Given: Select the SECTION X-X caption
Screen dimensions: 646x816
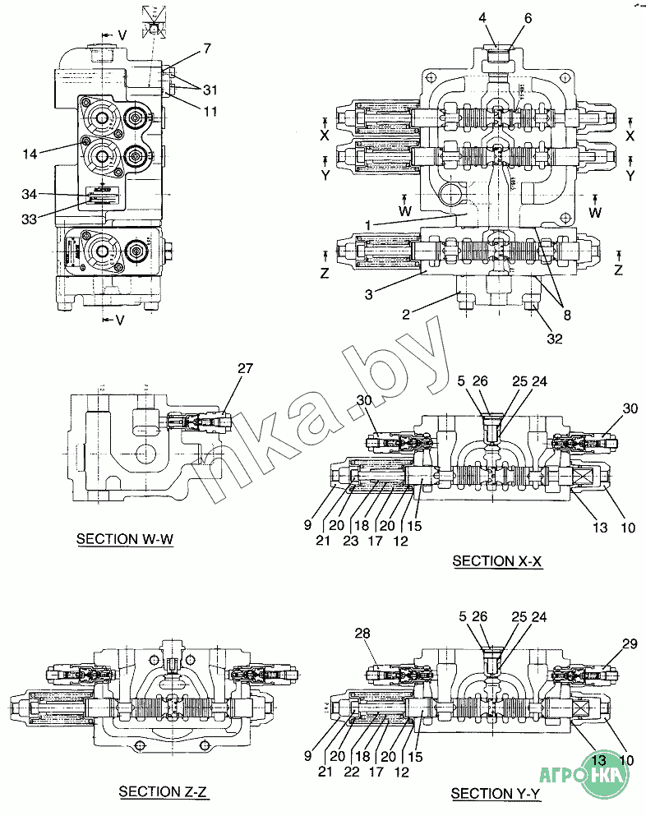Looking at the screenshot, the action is point(497,561).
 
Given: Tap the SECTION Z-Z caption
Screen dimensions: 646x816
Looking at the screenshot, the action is point(164,792).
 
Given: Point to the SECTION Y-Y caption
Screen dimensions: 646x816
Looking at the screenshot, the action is point(496,794).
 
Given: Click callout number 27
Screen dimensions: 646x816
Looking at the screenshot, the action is point(245,369).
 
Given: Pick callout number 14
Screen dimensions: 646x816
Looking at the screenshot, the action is point(30,153).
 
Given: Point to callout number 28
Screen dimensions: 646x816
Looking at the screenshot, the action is point(364,633).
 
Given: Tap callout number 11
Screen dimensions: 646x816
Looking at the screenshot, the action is point(210,110).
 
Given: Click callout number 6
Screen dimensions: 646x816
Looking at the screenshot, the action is point(528,17).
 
